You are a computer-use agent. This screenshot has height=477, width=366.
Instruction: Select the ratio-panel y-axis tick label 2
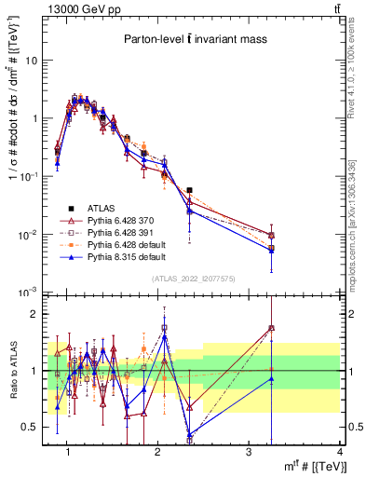pos(35,315)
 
